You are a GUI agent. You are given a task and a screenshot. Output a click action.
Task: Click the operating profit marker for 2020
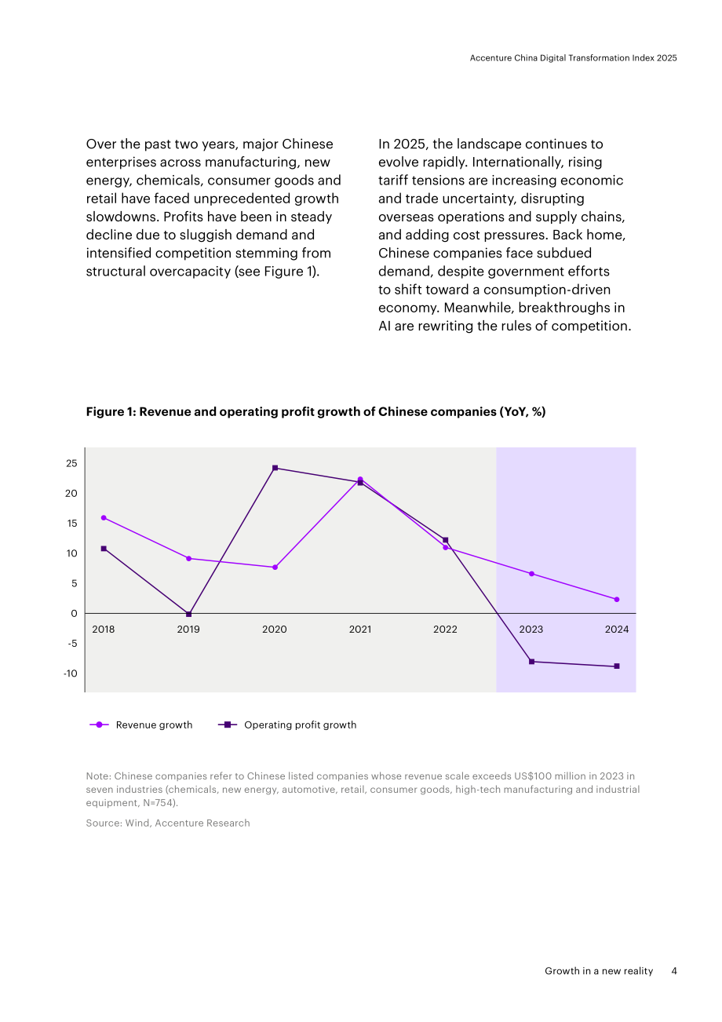275,468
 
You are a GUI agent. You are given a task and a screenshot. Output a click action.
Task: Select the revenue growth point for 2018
104,518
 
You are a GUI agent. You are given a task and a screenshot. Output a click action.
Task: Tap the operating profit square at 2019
189,614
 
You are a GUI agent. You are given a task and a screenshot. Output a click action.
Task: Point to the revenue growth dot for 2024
617,600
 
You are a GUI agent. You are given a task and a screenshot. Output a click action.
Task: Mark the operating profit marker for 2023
531,662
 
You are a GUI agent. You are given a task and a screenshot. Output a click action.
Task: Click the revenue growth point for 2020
275,567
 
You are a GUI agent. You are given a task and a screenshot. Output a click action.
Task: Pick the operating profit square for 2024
617,666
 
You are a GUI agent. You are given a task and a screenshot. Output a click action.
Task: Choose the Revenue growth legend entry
141,725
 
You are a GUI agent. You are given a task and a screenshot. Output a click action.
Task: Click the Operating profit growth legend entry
287,725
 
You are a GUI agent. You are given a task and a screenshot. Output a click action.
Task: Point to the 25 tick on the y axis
71,463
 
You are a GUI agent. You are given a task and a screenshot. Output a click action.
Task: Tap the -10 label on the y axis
71,673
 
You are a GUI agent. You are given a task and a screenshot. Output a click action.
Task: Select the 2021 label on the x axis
360,630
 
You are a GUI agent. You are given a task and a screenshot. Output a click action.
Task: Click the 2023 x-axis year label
531,630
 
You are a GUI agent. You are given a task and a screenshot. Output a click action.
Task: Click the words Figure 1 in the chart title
111,411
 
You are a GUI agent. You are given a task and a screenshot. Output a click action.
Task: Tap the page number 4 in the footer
673,970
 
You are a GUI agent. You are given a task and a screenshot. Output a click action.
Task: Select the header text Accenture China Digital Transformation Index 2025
574,58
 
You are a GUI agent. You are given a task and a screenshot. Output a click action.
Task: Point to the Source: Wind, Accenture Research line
168,823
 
